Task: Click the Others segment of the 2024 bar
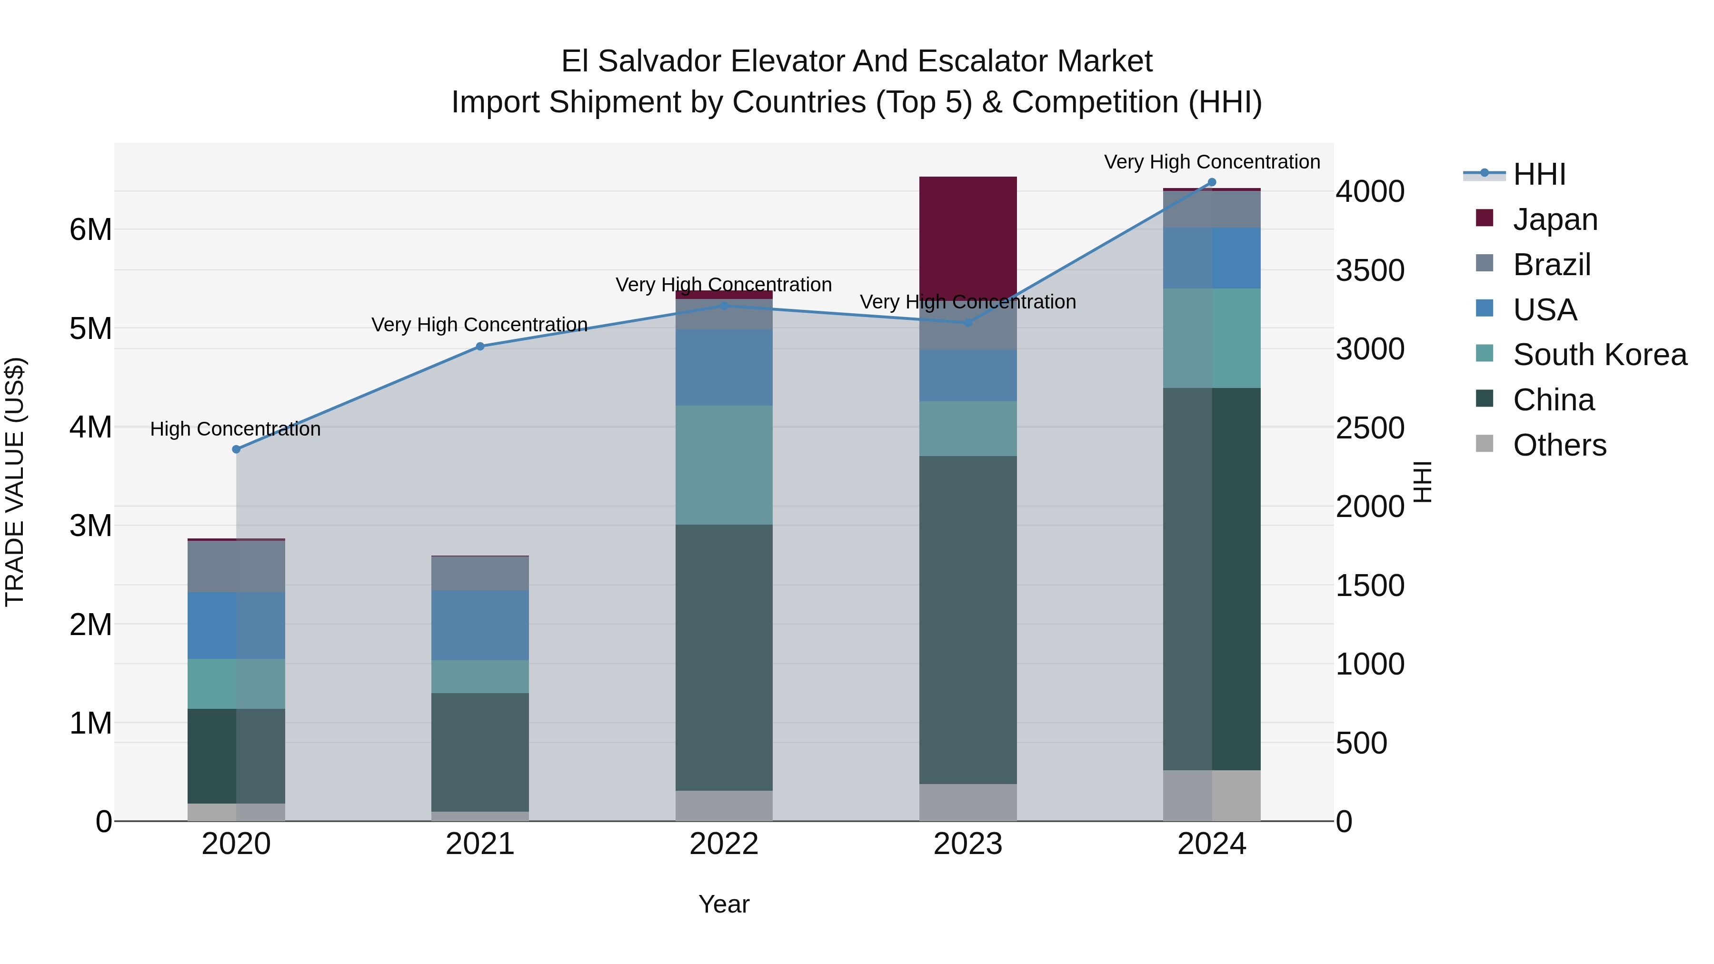point(1212,795)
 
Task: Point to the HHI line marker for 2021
point(480,346)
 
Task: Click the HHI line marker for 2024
point(1212,182)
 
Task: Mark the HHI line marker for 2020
point(236,449)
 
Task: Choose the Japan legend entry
point(1555,219)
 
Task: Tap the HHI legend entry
point(1538,174)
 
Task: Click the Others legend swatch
point(1485,444)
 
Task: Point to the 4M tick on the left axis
point(90,427)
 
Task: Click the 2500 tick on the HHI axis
point(1370,428)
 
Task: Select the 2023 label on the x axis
point(967,844)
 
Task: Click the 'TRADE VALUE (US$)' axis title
point(15,482)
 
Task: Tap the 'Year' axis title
point(724,904)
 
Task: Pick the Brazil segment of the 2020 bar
point(236,566)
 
